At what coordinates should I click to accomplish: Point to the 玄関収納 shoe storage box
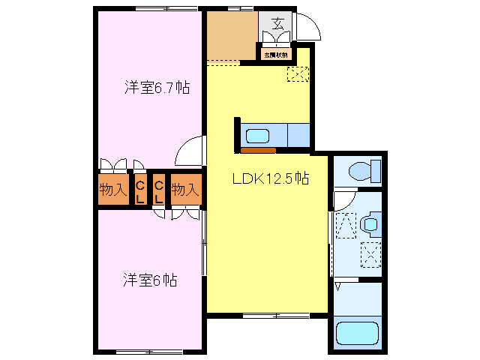tap(275, 54)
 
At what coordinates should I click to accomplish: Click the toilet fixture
tap(363, 171)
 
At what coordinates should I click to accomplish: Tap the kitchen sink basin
tap(258, 136)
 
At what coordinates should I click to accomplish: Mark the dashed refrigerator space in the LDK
tap(298, 73)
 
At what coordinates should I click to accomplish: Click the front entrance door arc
tap(309, 26)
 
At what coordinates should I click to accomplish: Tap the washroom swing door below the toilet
tap(342, 200)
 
